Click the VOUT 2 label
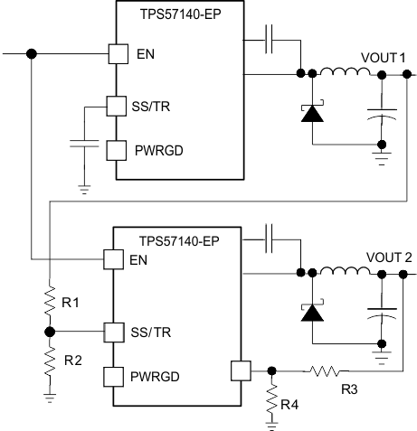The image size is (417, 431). tap(387, 257)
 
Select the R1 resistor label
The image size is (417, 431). tap(69, 302)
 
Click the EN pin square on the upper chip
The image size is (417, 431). tap(117, 54)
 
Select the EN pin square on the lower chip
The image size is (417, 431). tap(113, 259)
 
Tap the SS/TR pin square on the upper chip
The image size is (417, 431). tap(117, 107)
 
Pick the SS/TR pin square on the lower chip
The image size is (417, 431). tap(113, 332)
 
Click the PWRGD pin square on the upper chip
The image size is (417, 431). tap(117, 149)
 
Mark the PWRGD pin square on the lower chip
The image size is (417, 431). tap(113, 374)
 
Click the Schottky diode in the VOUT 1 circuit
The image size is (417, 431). tap(312, 112)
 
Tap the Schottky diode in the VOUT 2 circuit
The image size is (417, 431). tap(312, 312)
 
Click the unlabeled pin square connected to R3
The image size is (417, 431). tap(240, 370)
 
